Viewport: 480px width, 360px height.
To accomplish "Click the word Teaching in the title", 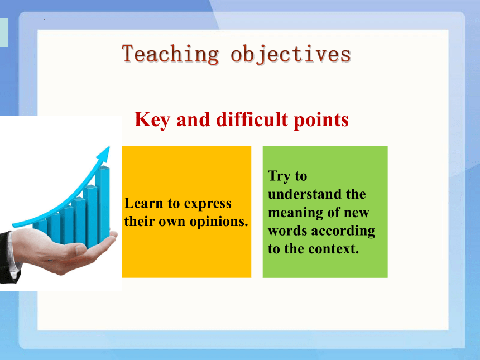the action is (x=170, y=54).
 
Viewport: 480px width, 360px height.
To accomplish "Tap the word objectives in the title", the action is (x=290, y=55).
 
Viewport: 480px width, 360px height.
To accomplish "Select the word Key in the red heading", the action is (x=152, y=119).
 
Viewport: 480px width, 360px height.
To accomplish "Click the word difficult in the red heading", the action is (x=252, y=119).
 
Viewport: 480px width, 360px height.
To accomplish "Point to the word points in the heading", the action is (x=321, y=120).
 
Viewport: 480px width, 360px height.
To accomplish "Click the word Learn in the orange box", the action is (x=143, y=203).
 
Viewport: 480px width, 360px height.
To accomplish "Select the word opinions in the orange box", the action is (x=219, y=222).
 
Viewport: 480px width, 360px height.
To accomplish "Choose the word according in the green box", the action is (x=343, y=231).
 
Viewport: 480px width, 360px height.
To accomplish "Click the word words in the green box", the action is (x=288, y=231).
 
